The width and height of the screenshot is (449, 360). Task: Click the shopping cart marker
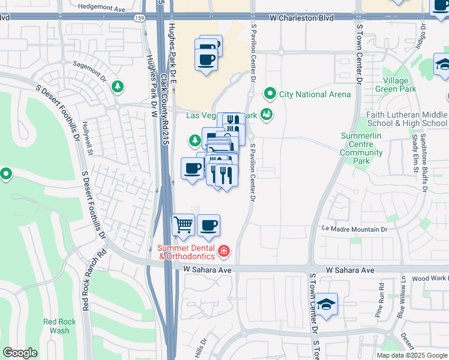click(184, 226)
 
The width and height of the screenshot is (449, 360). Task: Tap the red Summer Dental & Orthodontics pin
click(223, 250)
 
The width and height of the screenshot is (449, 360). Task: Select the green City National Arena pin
click(270, 94)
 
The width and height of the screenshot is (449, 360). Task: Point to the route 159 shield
click(139, 19)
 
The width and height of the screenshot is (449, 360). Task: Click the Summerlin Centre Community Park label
click(361, 148)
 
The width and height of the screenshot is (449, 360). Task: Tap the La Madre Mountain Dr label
click(355, 229)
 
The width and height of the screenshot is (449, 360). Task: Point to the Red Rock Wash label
click(60, 326)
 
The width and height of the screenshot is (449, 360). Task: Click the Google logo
click(20, 353)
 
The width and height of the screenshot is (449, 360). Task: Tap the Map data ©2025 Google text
click(411, 355)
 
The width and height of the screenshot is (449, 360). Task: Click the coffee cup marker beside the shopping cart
click(208, 226)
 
